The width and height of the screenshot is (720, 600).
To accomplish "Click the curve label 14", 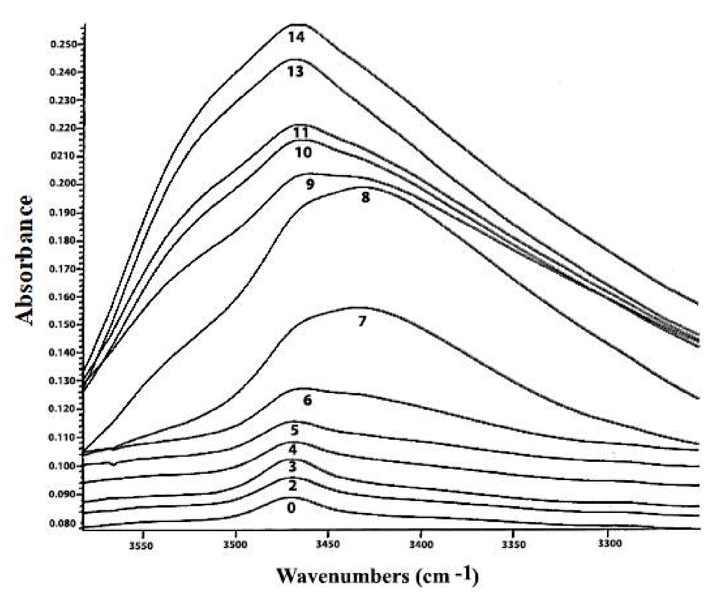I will coord(296,37).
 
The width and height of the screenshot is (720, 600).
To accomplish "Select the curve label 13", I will coord(295,72).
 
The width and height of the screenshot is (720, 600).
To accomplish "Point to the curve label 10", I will coord(303,152).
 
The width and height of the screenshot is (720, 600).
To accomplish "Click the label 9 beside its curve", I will coord(310,185).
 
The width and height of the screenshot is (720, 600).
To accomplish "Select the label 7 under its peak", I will coord(362,321).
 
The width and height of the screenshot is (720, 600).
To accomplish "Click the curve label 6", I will coord(307,400).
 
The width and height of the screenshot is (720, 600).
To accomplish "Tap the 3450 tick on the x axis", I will coord(328,545).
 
